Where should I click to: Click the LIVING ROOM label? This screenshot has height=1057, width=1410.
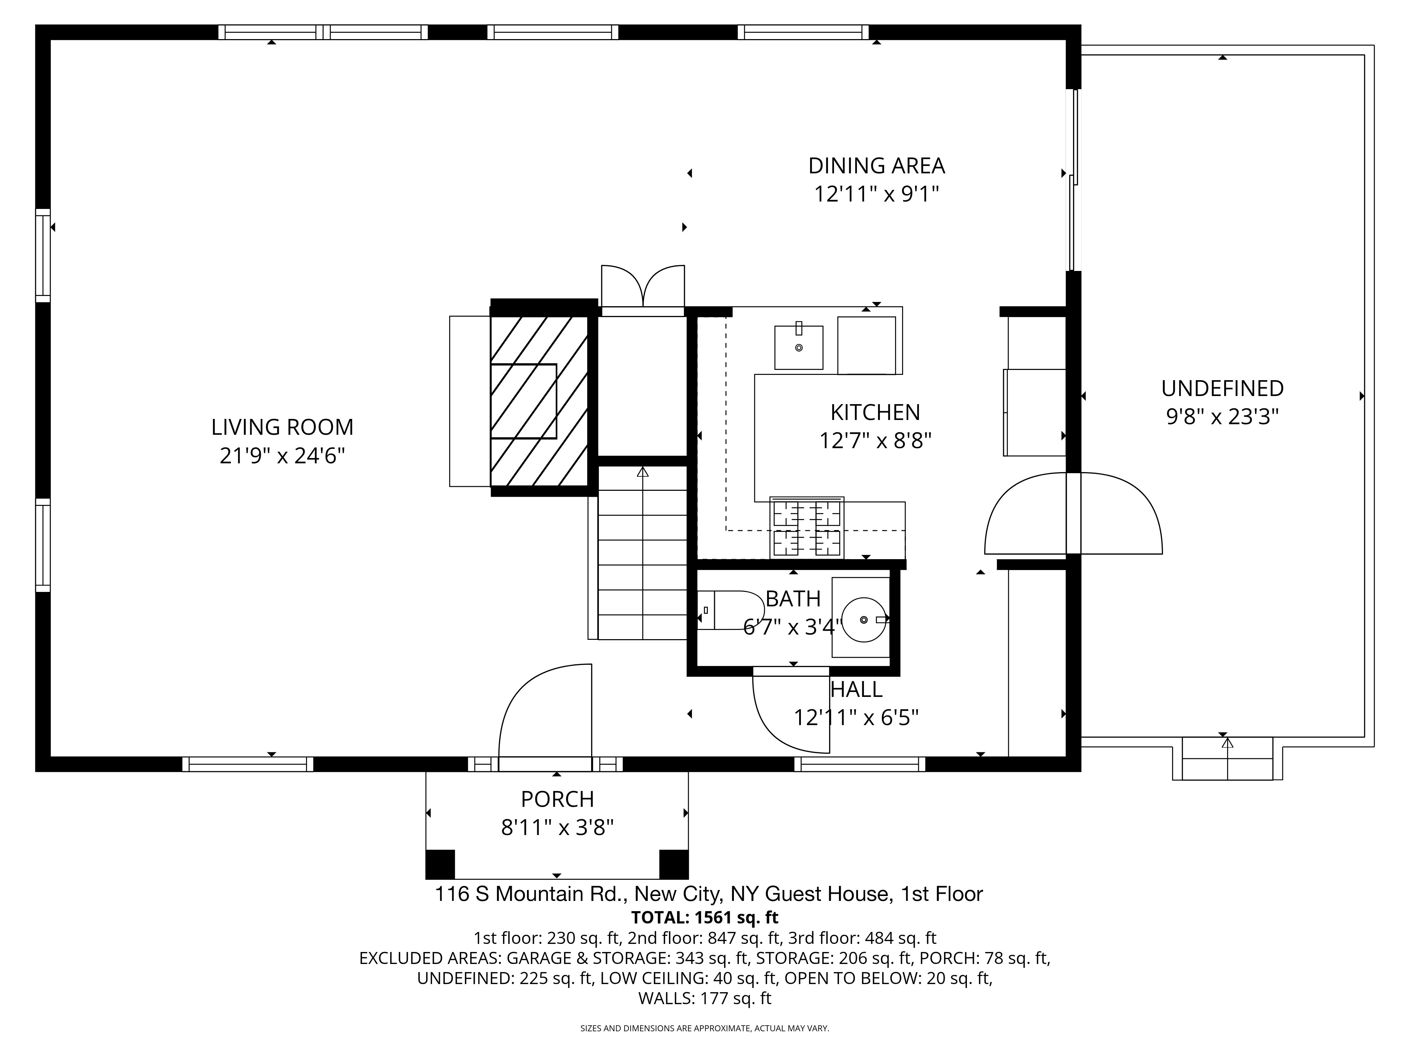[282, 427]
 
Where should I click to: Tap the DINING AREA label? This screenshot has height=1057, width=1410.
[876, 166]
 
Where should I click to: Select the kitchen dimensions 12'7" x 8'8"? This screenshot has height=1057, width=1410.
[875, 440]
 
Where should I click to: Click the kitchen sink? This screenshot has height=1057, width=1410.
[799, 347]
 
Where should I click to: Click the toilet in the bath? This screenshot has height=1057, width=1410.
[730, 610]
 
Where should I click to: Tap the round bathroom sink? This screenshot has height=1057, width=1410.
[864, 619]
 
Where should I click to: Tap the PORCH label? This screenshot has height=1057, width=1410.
[557, 799]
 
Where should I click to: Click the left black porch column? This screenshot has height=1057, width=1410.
[440, 864]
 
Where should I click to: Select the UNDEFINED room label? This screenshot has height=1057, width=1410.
[1222, 388]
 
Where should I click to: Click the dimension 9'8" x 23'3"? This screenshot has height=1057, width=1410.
[1222, 417]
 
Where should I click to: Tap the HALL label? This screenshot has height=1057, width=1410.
[856, 690]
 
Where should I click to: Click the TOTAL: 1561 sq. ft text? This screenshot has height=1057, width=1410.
[704, 917]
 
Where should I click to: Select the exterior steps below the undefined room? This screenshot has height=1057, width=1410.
[1227, 758]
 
